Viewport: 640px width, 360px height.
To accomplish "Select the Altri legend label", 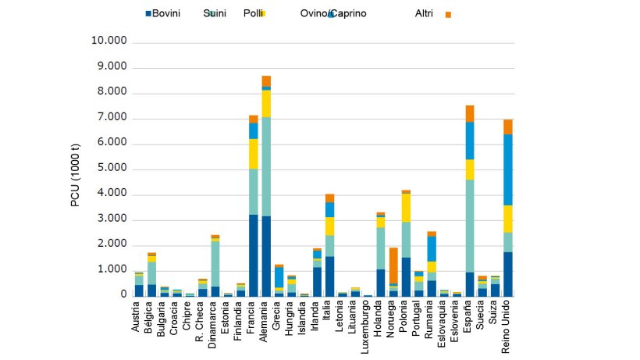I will (425, 14).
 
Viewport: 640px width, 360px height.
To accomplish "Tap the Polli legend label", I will (253, 14).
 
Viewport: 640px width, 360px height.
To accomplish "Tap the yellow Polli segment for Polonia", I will (406, 208).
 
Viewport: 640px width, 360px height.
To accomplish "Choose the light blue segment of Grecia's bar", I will (279, 277).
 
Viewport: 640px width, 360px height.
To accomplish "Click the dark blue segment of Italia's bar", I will (329, 276).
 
